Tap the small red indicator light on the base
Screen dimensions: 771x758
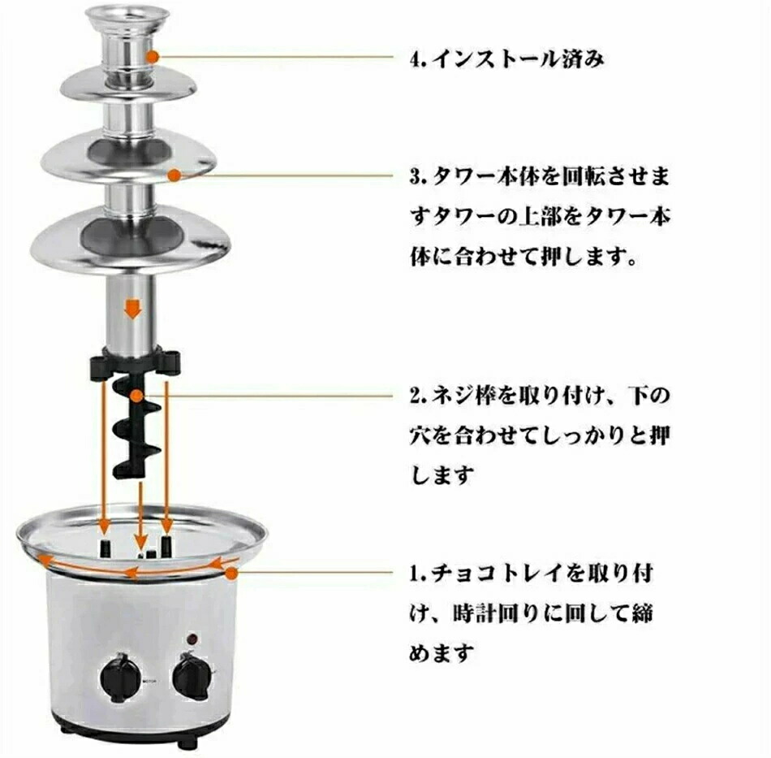click(193, 639)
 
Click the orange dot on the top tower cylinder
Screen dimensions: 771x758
click(153, 57)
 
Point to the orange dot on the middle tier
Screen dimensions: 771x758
click(174, 175)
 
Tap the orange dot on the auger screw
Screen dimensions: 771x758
click(137, 395)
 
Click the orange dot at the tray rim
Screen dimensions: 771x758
click(231, 573)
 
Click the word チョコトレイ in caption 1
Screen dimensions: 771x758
click(498, 574)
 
